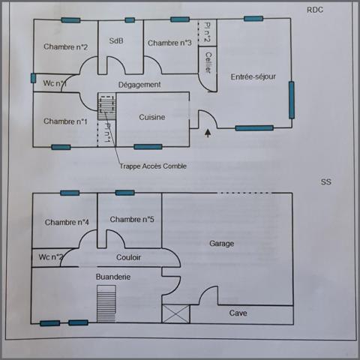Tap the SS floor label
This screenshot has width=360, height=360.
coord(325,182)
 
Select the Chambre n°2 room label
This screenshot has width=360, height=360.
coord(66,47)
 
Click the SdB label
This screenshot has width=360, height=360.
coord(116,41)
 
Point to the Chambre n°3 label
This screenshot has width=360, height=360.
coord(169,43)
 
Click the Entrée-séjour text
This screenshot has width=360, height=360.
coord(253,76)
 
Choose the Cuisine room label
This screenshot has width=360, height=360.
coord(151,117)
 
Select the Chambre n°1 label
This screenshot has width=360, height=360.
coord(65,121)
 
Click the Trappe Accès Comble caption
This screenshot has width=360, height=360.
coord(153,166)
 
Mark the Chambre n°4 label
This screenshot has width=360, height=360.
coord(67,222)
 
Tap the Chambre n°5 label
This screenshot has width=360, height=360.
coord(131,219)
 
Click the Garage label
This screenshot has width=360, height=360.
coord(221,244)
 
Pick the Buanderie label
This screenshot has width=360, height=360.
coord(113,277)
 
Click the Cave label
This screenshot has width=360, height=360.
coord(238,313)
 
